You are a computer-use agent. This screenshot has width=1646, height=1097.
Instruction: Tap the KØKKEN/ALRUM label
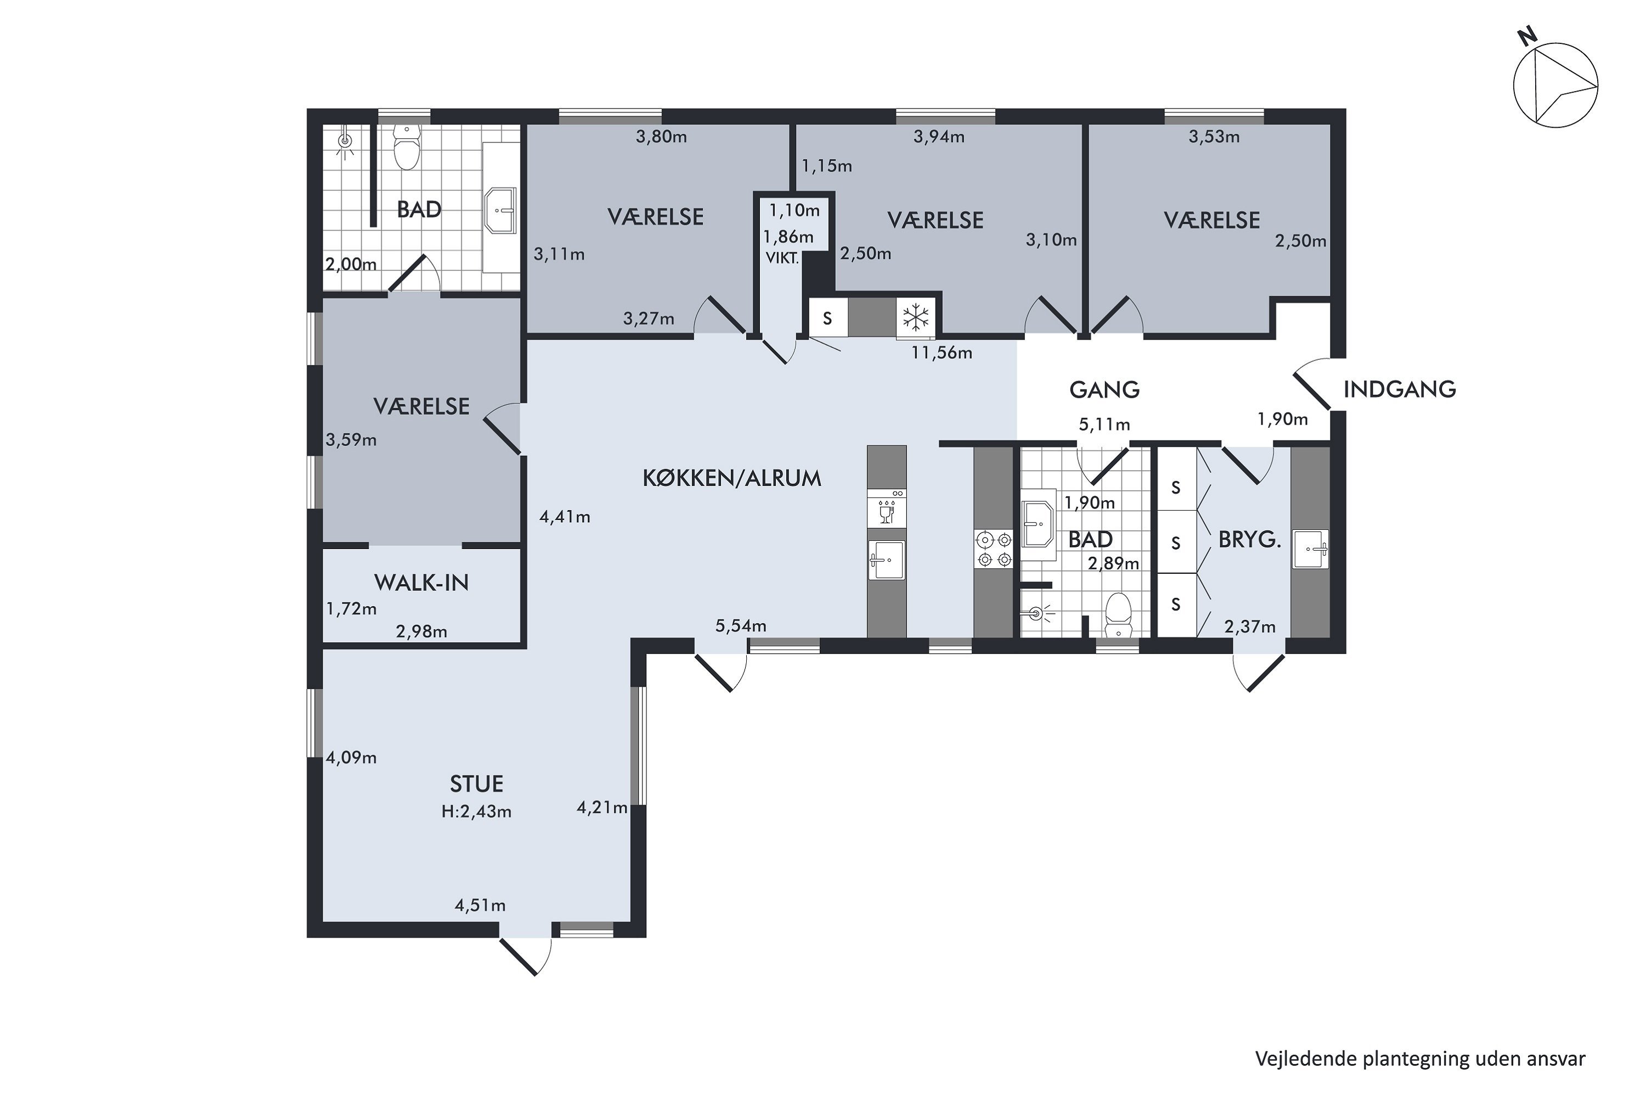(x=732, y=478)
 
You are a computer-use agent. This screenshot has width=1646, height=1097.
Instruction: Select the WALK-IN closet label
(x=421, y=583)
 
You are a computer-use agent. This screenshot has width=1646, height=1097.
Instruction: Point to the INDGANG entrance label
(x=1400, y=389)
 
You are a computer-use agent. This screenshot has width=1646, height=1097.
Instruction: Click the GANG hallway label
(x=1104, y=389)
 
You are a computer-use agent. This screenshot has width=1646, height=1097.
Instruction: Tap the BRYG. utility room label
(x=1250, y=539)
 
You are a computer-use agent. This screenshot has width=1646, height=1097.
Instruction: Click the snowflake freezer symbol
(x=915, y=318)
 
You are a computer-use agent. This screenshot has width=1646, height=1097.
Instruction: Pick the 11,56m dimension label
(x=942, y=353)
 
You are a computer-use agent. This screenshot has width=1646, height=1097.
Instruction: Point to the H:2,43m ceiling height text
(x=477, y=812)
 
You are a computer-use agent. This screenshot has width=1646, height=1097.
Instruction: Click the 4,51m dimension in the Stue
(x=480, y=906)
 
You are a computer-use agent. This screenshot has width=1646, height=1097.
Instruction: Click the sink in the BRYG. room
(x=1310, y=549)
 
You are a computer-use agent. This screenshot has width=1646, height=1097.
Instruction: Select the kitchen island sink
(x=886, y=559)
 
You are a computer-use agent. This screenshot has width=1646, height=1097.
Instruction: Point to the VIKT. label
(x=782, y=258)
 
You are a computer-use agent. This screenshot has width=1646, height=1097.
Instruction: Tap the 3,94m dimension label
(x=939, y=137)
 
